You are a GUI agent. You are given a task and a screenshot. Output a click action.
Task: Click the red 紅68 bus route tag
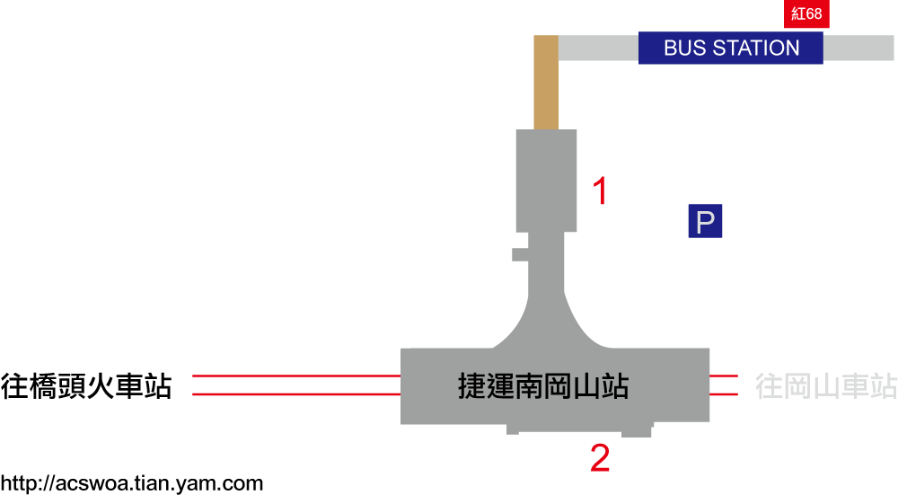point(806,13)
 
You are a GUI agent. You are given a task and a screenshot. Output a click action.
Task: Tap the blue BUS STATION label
point(731,48)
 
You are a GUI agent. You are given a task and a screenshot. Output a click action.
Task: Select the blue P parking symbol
point(705,221)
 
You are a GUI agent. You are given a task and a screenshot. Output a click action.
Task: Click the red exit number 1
point(600,190)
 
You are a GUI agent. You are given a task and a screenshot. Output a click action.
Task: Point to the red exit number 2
point(600,458)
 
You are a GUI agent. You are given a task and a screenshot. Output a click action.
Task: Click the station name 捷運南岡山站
point(543,386)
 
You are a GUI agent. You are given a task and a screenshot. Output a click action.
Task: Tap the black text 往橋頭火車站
point(86,386)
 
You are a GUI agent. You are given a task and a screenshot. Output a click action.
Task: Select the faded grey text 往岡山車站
point(826,386)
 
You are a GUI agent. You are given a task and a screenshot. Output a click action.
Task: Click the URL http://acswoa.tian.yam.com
point(132,483)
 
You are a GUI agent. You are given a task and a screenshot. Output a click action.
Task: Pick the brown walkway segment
point(546,83)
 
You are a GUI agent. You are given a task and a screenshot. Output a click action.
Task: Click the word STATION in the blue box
point(756,48)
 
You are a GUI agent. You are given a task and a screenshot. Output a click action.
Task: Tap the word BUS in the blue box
point(685,48)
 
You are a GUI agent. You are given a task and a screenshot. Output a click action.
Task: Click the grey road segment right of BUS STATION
point(858,48)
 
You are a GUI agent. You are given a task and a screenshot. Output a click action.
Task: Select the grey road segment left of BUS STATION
point(598,48)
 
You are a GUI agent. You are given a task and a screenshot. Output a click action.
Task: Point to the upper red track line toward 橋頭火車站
point(296,376)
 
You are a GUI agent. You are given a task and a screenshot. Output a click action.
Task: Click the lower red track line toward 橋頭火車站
point(296,394)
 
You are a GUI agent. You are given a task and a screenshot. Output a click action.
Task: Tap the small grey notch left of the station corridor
point(520,254)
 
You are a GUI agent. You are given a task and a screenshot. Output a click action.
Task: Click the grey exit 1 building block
point(546,181)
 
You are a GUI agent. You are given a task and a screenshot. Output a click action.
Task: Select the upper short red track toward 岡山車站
point(724,376)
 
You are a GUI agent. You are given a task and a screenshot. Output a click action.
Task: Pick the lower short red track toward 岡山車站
point(724,394)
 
